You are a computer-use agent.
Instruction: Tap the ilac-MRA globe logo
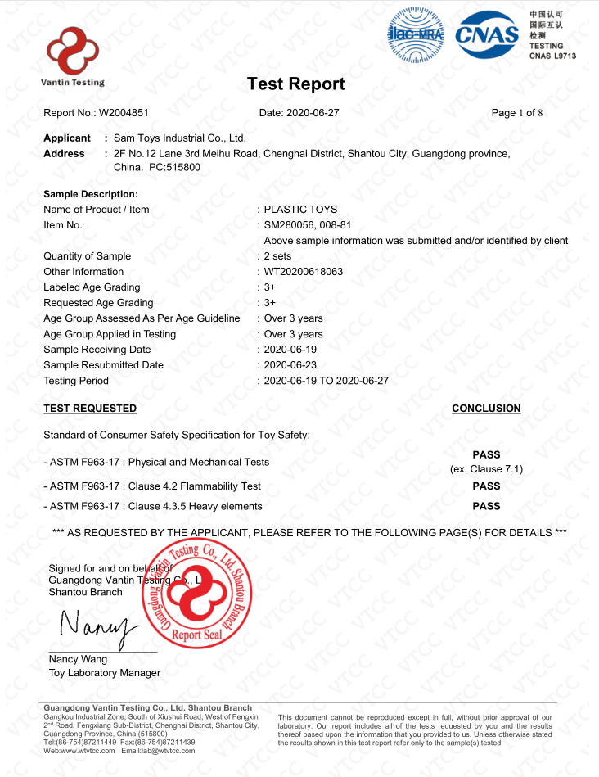[x=418, y=34]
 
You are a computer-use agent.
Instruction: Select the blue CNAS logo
[x=488, y=34]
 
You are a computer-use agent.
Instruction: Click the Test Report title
[x=295, y=84]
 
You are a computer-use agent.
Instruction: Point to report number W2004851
[x=124, y=113]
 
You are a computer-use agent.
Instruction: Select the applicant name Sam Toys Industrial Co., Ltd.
[x=180, y=138]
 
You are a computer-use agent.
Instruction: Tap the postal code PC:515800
[x=174, y=167]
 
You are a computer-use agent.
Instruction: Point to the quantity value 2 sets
[x=277, y=256]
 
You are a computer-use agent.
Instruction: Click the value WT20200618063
[x=304, y=272]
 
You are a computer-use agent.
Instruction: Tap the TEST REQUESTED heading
[x=90, y=409]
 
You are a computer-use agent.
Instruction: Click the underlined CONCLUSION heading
[x=486, y=409]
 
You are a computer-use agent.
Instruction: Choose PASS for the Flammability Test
[x=486, y=486]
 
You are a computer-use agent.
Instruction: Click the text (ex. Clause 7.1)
[x=486, y=469]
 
